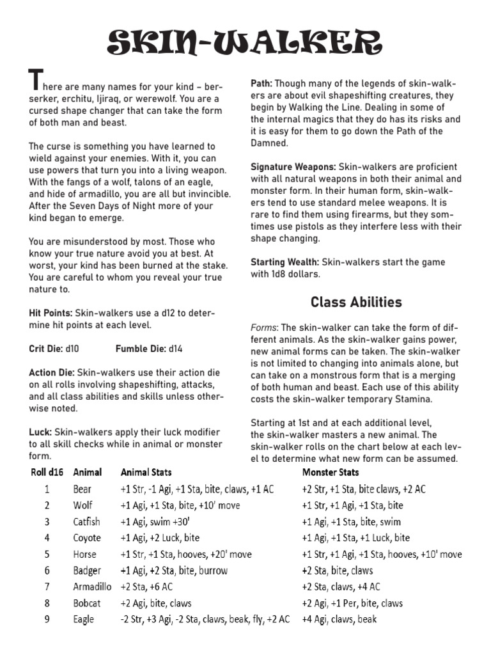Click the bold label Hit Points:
click(51, 313)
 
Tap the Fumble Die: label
click(140, 349)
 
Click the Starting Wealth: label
click(284, 262)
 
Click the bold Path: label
click(261, 83)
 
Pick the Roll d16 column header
click(46, 473)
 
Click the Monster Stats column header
click(331, 473)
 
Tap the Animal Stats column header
click(146, 473)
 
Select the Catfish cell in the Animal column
click(86, 522)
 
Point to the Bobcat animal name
click(87, 603)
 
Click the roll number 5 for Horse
click(47, 555)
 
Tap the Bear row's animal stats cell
click(197, 489)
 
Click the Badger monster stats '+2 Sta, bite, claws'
click(337, 571)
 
